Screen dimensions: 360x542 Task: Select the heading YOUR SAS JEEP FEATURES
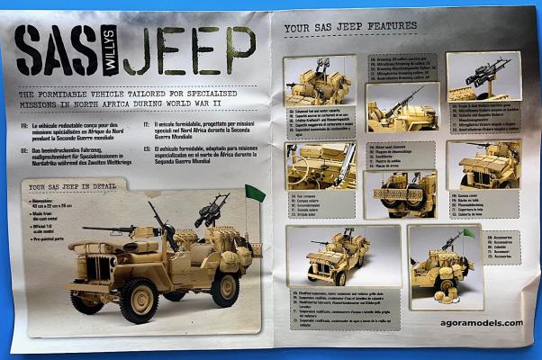click(350, 28)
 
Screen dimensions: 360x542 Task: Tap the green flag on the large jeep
click(255, 193)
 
